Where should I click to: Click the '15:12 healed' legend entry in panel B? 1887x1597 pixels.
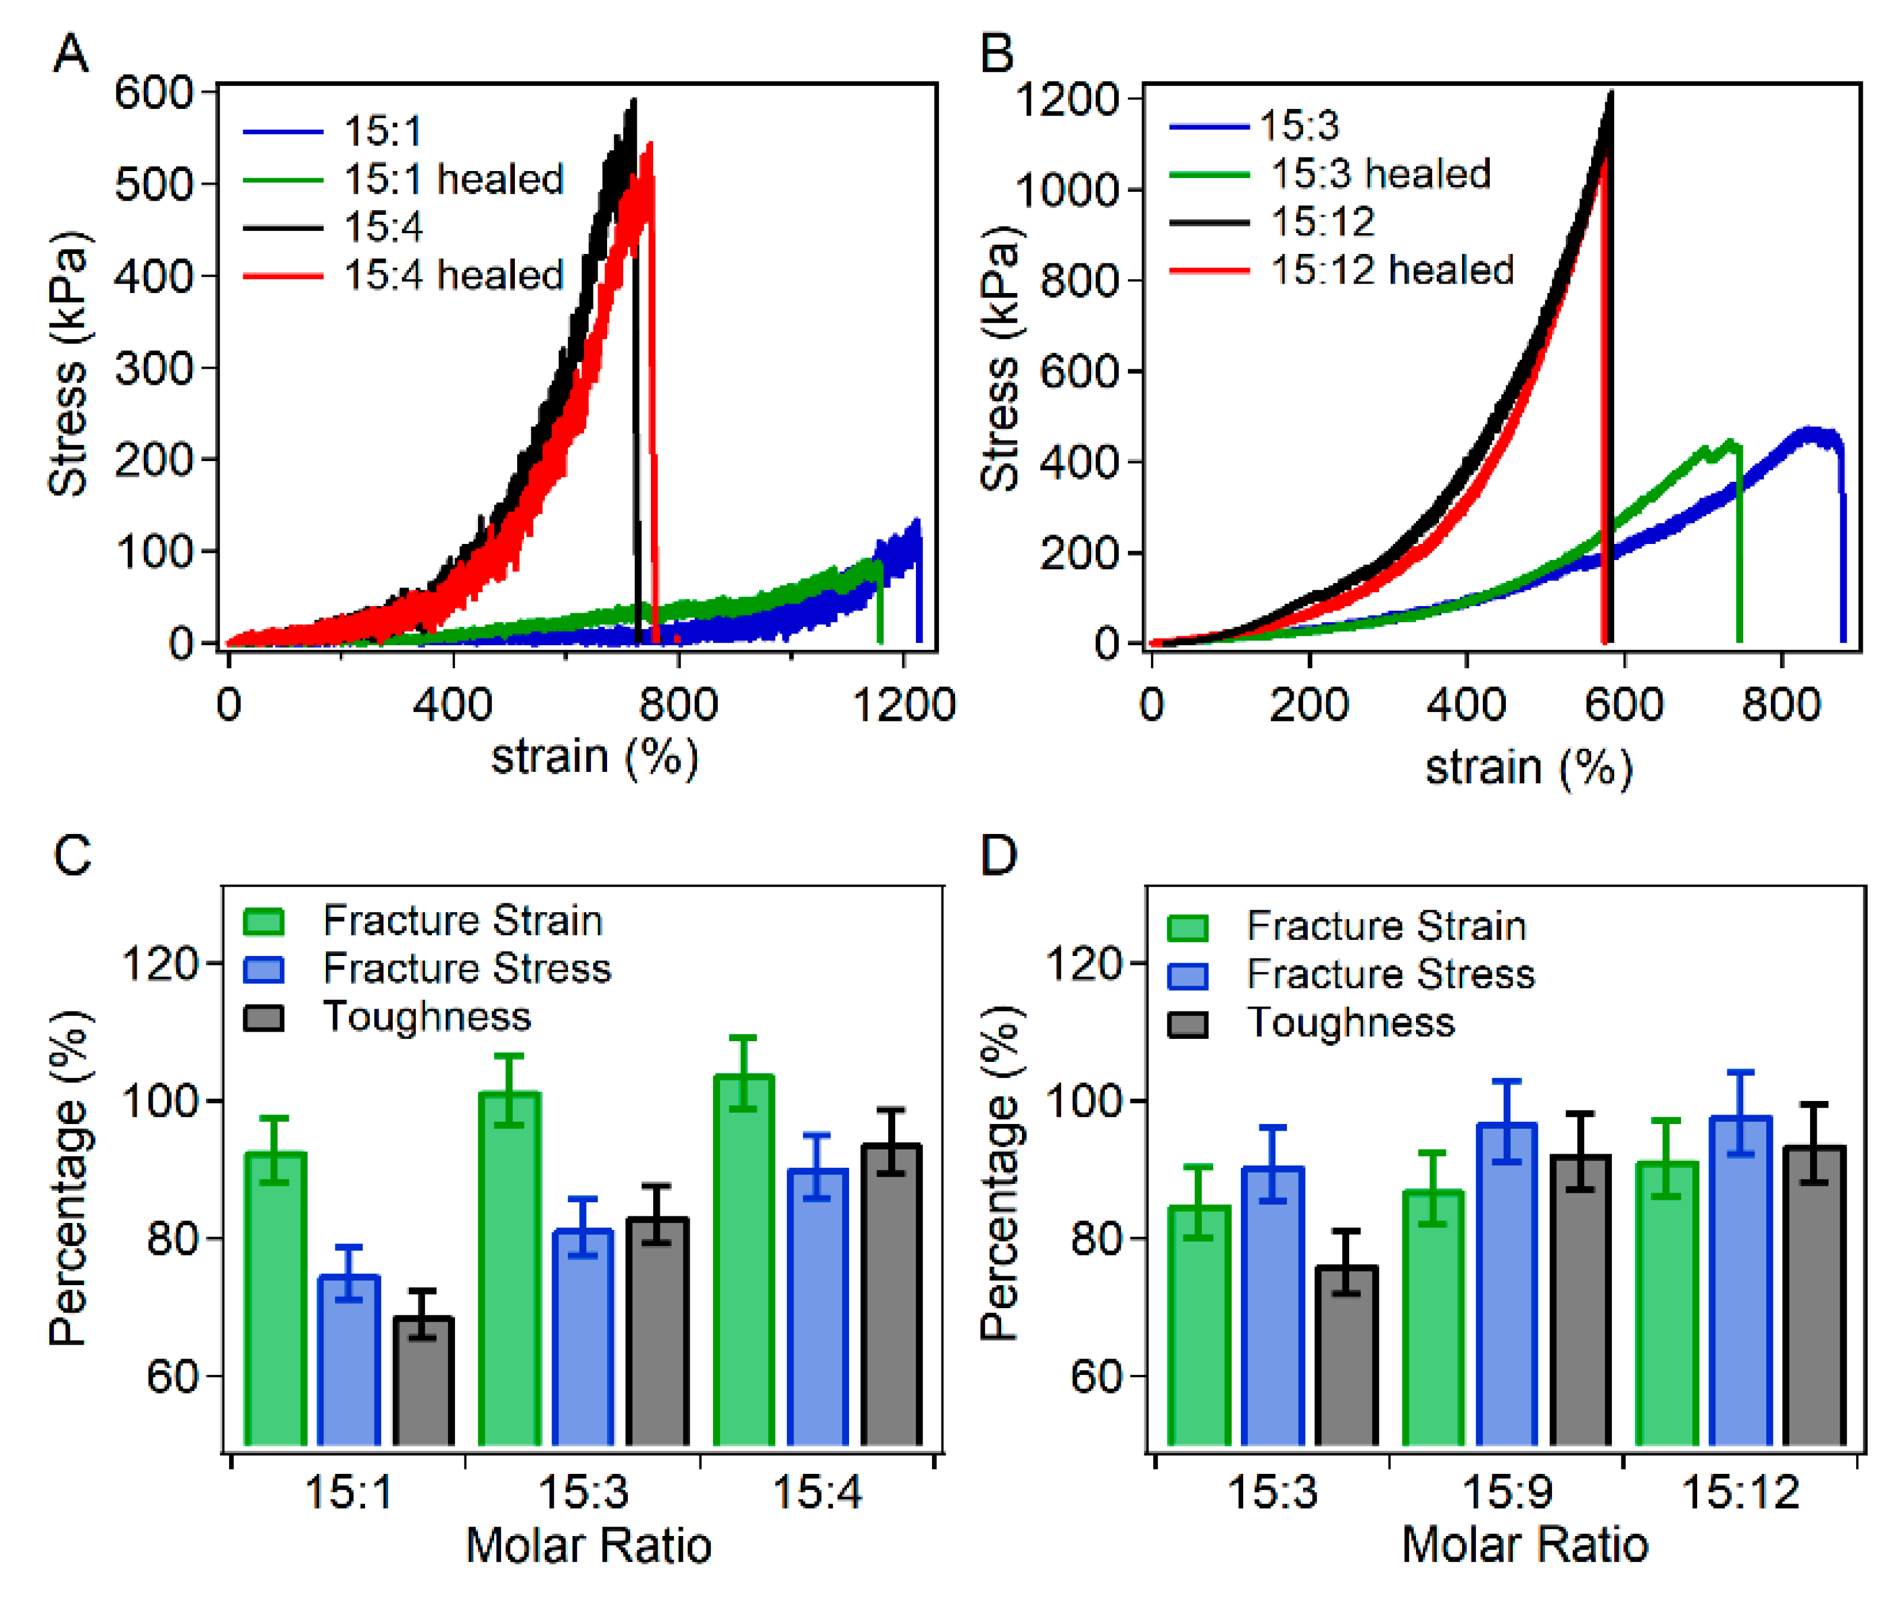[x=1391, y=270]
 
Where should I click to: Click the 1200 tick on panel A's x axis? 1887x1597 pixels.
[x=903, y=705]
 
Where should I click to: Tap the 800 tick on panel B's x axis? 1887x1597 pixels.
[x=1780, y=705]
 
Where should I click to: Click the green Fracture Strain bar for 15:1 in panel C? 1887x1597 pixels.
[x=276, y=1303]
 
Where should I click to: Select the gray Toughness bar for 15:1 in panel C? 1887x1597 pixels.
[x=424, y=1385]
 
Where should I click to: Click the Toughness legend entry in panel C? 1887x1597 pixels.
[x=426, y=1017]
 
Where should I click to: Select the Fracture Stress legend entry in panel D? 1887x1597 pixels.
[x=1390, y=974]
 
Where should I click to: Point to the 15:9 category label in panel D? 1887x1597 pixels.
[x=1507, y=1491]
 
